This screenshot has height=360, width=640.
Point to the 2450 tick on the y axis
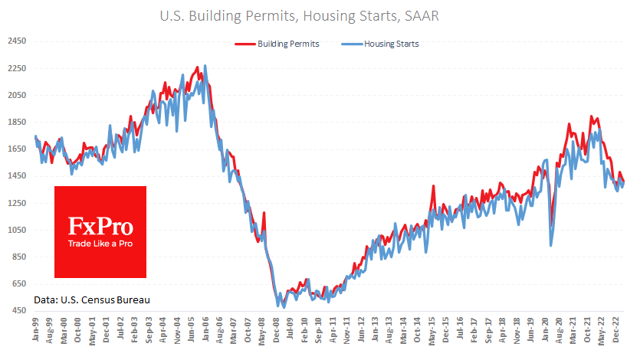17,41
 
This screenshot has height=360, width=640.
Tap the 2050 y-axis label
17,95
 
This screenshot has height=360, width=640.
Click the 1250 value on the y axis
17,203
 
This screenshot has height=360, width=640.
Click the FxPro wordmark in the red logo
100,226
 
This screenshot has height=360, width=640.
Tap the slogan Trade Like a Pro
100,244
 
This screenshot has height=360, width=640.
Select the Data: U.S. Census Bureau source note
92,298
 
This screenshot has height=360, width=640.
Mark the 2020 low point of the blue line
551,245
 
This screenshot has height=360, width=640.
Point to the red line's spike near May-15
434,186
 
